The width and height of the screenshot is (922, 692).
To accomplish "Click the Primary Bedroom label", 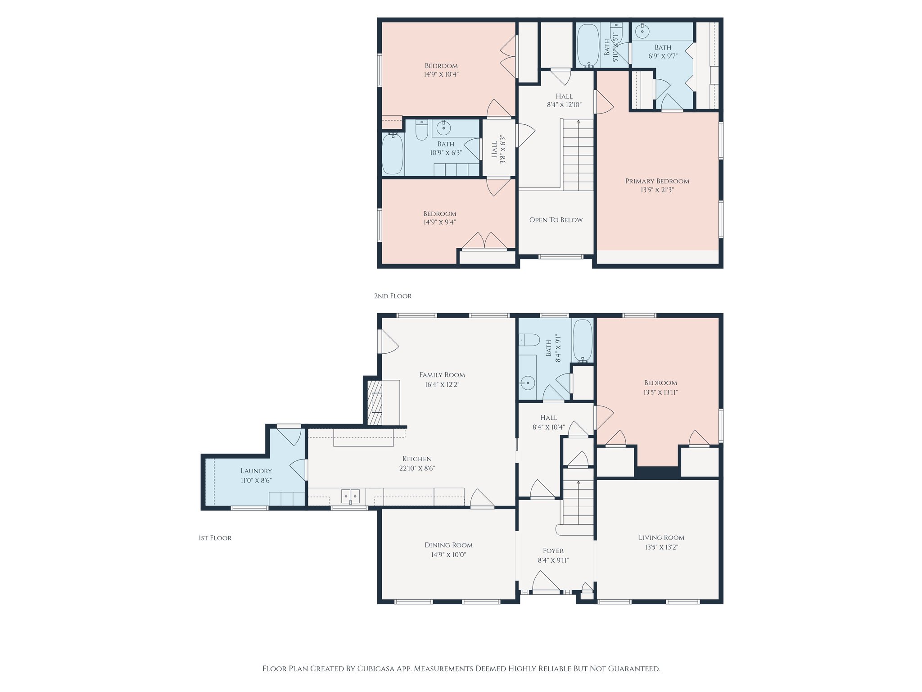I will pyautogui.click(x=657, y=181).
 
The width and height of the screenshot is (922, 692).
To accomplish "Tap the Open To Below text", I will pyautogui.click(x=556, y=220).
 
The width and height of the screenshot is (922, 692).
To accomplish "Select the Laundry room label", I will pyautogui.click(x=256, y=471).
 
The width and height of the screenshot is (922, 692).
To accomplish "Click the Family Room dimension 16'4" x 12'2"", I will pyautogui.click(x=442, y=385).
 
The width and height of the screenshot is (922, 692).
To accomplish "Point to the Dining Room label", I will pyautogui.click(x=448, y=545).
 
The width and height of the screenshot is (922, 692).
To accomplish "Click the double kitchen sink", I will pyautogui.click(x=350, y=496).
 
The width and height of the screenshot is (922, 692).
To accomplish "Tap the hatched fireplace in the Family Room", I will pyautogui.click(x=375, y=403).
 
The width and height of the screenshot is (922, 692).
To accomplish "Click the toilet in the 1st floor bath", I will pyautogui.click(x=529, y=339).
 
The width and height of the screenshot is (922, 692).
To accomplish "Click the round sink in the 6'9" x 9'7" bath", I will pyautogui.click(x=642, y=32).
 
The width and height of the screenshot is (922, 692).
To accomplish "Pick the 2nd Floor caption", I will pyautogui.click(x=393, y=296).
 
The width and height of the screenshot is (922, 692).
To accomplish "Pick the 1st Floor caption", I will pyautogui.click(x=215, y=538).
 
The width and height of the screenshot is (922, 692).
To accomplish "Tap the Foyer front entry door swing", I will pyautogui.click(x=546, y=581).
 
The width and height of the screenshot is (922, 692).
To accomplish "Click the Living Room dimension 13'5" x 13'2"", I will pyautogui.click(x=661, y=547).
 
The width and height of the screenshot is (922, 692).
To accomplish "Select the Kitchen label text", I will pyautogui.click(x=417, y=459).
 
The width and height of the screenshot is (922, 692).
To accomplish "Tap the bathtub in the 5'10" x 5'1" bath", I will pyautogui.click(x=588, y=45).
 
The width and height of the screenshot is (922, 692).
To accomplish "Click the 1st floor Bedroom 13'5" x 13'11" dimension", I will pyautogui.click(x=660, y=392).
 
